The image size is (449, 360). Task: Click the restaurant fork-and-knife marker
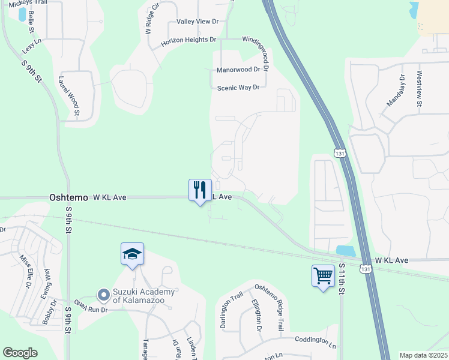click(200, 190)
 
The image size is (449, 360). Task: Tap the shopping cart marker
click(323, 277)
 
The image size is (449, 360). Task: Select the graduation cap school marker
click(132, 254)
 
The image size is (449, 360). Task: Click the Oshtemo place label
click(68, 197)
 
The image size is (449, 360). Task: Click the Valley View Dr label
click(198, 22)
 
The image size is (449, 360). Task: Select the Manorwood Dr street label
click(238, 70)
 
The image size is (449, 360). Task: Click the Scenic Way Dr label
click(238, 87)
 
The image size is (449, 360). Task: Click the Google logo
click(20, 353)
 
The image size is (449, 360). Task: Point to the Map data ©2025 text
click(423, 355)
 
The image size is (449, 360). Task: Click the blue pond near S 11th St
click(346, 250)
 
